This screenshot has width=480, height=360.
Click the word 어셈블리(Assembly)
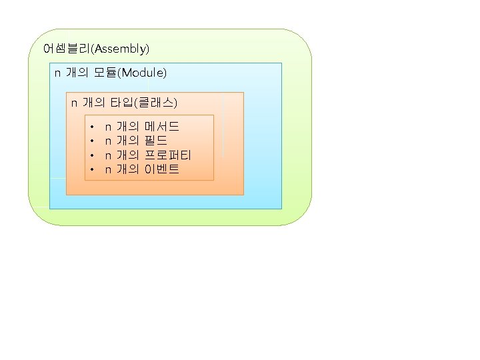pos(96,49)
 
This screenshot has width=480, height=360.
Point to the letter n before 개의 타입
pos(75,103)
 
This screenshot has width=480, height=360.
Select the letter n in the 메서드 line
pos(108,127)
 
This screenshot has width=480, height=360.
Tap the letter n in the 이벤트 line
pos(108,170)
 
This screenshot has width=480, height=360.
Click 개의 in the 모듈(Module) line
pos(77,72)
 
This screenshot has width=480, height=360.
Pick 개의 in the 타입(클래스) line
pos(94,103)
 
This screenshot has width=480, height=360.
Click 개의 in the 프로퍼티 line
pos(127,155)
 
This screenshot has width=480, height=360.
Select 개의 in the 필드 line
pos(127,141)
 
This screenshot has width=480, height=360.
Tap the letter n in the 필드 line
pos(108,141)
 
